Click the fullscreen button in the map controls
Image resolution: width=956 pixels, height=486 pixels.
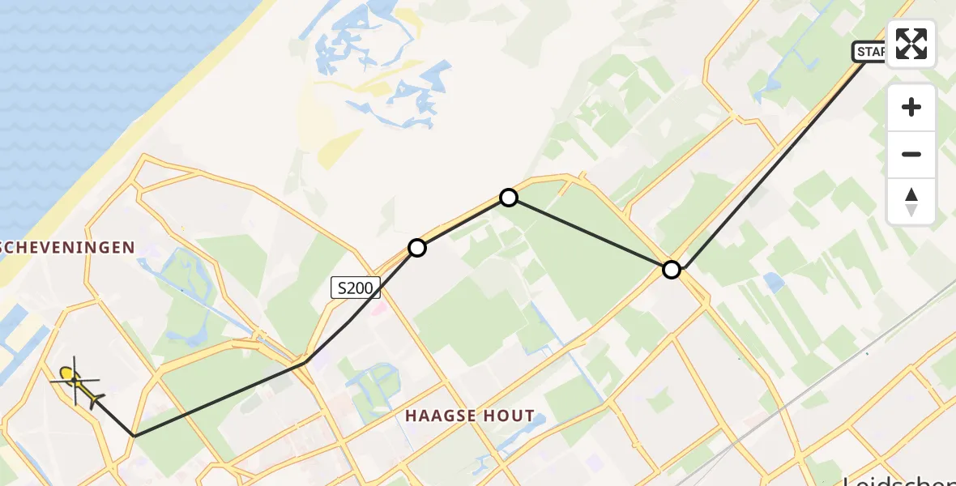pos(911,44)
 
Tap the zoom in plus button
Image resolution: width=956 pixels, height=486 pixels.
pos(911,107)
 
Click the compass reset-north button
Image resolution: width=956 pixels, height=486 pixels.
pos(911,202)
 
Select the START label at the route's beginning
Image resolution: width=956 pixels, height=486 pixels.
pos(870,52)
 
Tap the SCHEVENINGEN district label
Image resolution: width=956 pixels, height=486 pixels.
pos(68,248)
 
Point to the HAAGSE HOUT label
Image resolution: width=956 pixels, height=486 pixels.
pos(470,416)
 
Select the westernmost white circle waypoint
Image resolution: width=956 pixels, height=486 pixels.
pos(417,248)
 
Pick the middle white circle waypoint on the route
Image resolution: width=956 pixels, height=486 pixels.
pos(508,197)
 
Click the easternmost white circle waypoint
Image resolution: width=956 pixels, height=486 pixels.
pos(672,270)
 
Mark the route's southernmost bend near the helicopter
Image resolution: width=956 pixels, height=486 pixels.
pos(134,436)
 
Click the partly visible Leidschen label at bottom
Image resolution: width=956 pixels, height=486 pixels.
pos(899,480)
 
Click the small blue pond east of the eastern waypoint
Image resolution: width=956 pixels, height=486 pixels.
pos(774,283)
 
